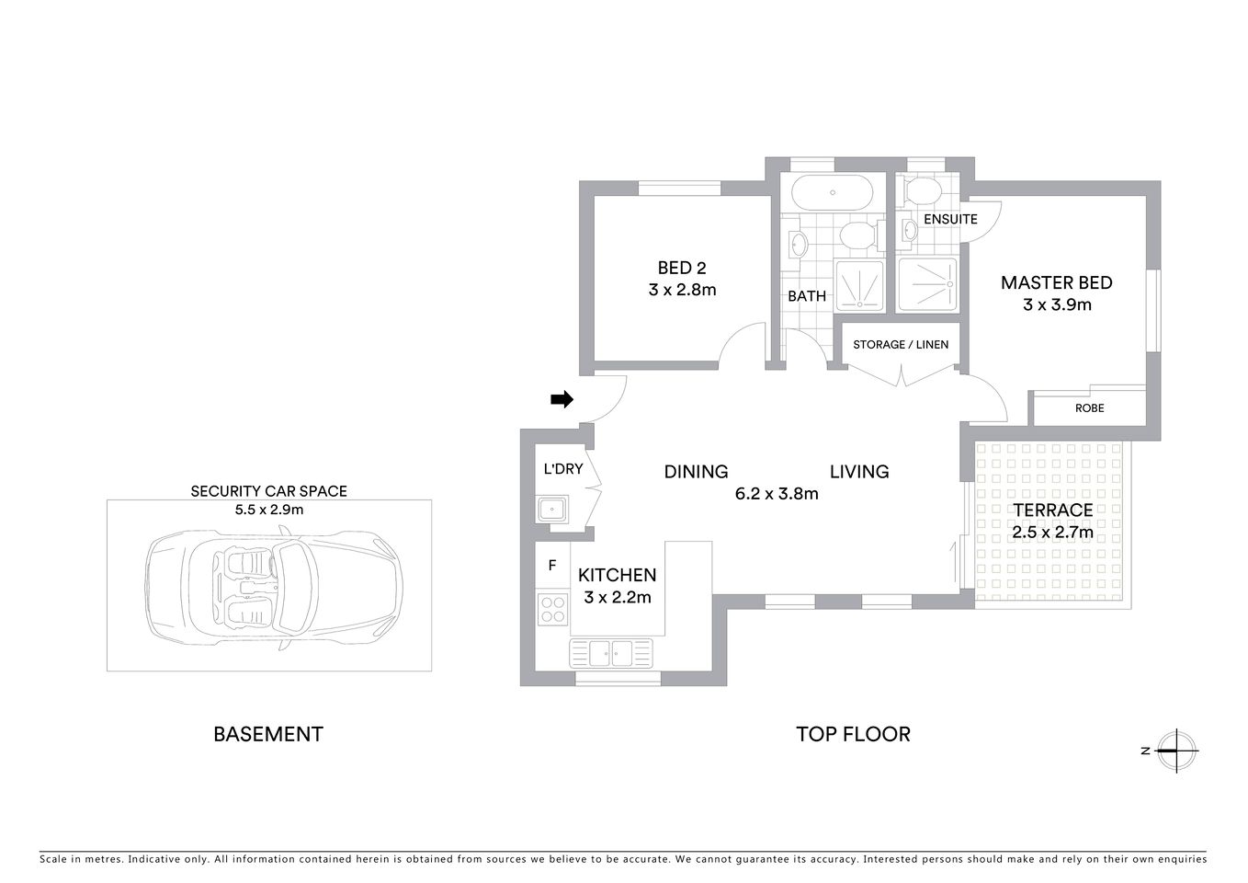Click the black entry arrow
pyautogui.click(x=562, y=399)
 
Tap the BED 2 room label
pyautogui.click(x=682, y=268)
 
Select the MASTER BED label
pyautogui.click(x=1056, y=282)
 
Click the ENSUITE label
pyautogui.click(x=950, y=219)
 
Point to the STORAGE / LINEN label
pyautogui.click(x=901, y=344)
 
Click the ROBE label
pyautogui.click(x=1089, y=407)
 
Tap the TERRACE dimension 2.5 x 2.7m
pyautogui.click(x=1052, y=532)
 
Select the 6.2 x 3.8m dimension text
pyautogui.click(x=777, y=493)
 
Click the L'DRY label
pyautogui.click(x=563, y=469)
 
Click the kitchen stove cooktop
pyautogui.click(x=552, y=608)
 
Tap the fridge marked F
pyautogui.click(x=552, y=566)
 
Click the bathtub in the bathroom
pyautogui.click(x=832, y=193)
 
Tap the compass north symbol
pyautogui.click(x=1176, y=751)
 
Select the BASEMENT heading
pyautogui.click(x=268, y=734)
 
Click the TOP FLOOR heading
pyautogui.click(x=853, y=734)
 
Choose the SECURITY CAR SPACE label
pyautogui.click(x=268, y=491)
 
